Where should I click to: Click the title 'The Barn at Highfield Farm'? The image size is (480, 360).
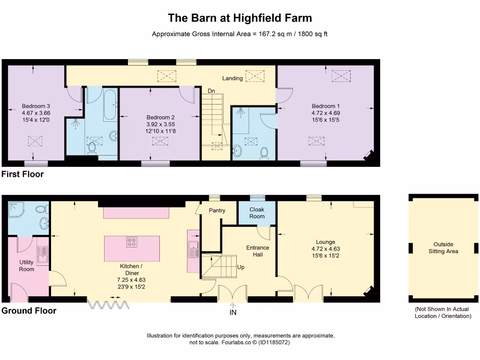coord(240,18)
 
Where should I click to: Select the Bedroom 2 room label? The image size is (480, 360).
coord(160,117)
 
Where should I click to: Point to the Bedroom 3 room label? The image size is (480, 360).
coord(36,106)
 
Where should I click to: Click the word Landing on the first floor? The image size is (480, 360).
coord(232,78)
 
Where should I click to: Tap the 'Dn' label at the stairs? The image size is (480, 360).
coord(211,91)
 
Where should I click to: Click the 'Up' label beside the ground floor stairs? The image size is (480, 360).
coord(241,267)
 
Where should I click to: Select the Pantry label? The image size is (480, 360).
coord(217,210)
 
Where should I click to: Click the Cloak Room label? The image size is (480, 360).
coord(257,213)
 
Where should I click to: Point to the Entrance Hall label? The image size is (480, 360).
coord(258,251)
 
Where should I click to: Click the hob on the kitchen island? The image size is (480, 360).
coord(132,242)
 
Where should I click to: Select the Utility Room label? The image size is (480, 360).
coord(27,266)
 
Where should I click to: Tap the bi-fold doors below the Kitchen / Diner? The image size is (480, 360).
coord(108,305)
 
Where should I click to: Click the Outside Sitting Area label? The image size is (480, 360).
coord(443,248)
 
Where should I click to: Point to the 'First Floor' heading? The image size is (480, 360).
coord(22,174)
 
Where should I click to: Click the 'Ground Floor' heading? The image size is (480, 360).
coord(29,311)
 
